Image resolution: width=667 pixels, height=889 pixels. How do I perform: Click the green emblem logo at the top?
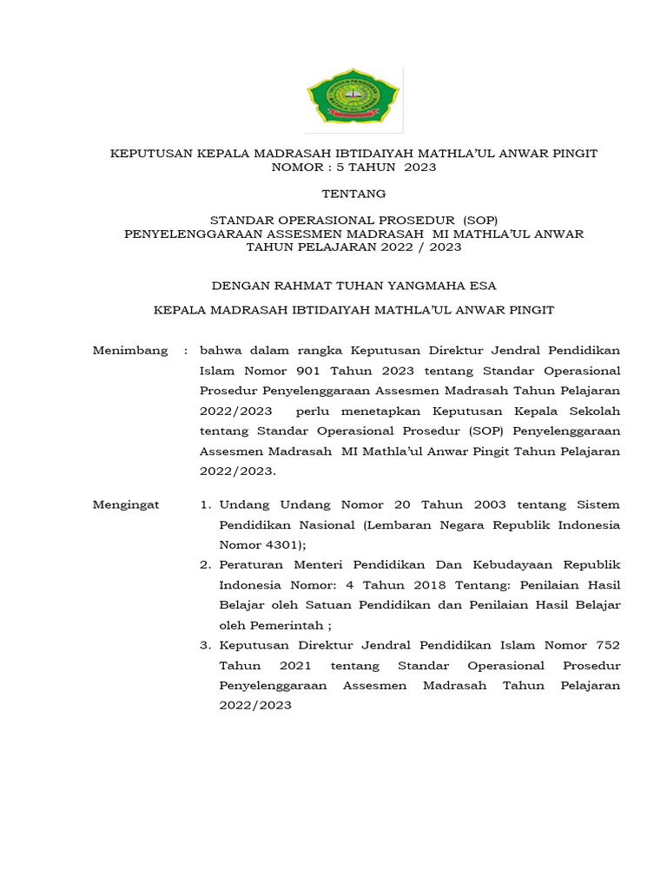pos(353,100)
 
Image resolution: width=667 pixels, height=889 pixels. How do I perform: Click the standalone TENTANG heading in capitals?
pos(353,194)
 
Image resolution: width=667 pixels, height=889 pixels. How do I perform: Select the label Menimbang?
pos(130,350)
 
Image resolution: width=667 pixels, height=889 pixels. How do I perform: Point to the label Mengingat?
pos(126,504)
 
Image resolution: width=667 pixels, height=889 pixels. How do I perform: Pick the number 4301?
pos(275,544)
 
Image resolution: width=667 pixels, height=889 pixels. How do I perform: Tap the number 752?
pos(604,645)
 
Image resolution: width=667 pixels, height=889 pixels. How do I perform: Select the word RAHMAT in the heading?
pos(298,284)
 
